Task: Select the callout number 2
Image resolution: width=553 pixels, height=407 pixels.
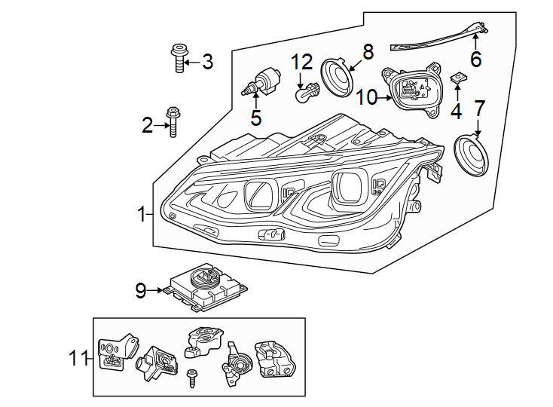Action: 147,125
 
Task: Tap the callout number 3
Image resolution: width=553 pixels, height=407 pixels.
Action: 206,62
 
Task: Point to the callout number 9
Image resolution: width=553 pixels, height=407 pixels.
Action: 141,289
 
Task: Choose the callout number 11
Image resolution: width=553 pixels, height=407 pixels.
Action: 78,360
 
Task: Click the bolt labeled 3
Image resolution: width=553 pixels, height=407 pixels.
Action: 178,59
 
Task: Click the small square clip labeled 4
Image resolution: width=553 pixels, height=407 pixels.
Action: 456,78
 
